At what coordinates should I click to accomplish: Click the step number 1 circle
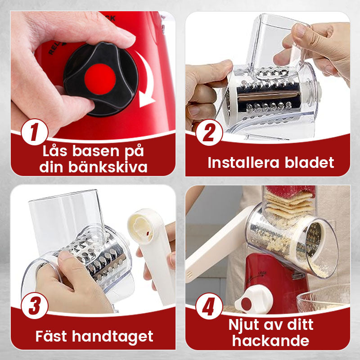(x=35, y=131)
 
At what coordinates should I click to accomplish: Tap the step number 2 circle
(x=209, y=131)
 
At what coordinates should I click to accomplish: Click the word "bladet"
(x=310, y=162)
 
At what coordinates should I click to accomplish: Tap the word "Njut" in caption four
(x=247, y=324)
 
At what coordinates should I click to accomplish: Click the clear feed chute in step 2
(x=274, y=40)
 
